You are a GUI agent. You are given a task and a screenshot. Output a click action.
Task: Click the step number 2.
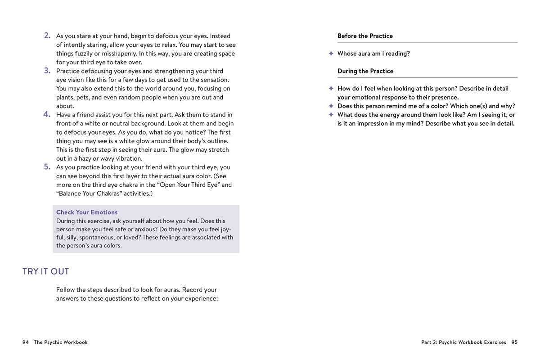[47, 36]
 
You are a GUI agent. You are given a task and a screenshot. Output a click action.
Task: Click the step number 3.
[47, 71]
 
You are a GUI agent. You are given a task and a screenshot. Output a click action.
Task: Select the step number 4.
[47, 114]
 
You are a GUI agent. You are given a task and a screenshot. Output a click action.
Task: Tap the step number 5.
[47, 167]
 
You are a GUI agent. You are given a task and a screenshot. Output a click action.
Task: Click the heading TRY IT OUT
[46, 271]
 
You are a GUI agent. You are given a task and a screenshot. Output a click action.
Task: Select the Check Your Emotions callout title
[87, 212]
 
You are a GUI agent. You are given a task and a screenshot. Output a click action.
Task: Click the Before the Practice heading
[365, 36]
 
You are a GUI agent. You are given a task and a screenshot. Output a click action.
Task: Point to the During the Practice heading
[365, 71]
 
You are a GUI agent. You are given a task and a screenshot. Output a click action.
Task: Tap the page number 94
[26, 342]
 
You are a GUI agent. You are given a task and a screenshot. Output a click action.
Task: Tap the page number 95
[514, 342]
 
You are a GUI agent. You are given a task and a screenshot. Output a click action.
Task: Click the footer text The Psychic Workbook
[61, 342]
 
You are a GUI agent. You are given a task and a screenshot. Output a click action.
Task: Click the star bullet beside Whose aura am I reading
[331, 54]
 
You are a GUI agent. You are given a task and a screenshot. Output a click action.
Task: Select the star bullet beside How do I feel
[331, 89]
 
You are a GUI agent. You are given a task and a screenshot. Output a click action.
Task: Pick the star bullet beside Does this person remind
[331, 106]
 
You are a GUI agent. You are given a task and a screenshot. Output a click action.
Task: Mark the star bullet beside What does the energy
[331, 115]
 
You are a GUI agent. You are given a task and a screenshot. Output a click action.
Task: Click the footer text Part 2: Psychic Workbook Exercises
[463, 342]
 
